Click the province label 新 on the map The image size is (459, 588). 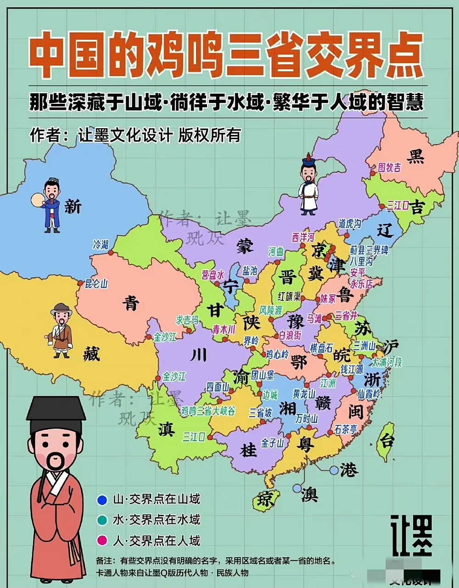pyautogui.click(x=73, y=207)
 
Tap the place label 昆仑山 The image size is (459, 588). pyautogui.click(x=96, y=283)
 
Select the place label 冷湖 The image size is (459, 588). pyautogui.click(x=101, y=244)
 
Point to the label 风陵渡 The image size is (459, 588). pyautogui.click(x=271, y=311)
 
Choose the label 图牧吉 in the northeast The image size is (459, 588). pyautogui.click(x=389, y=168)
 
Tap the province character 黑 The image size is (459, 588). pyautogui.click(x=416, y=156)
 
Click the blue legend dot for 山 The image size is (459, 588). pyautogui.click(x=102, y=499)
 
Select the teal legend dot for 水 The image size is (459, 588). pyautogui.click(x=102, y=520)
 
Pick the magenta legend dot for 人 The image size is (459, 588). pyautogui.click(x=102, y=541)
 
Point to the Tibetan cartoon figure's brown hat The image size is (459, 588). pyautogui.click(x=62, y=309)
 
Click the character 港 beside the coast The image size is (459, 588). pyautogui.click(x=349, y=470)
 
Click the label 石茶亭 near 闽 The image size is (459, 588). pyautogui.click(x=346, y=430)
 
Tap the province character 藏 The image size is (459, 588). pyautogui.click(x=91, y=354)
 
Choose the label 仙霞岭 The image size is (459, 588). pyautogui.click(x=369, y=394)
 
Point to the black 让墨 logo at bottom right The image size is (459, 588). pyautogui.click(x=411, y=535)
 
